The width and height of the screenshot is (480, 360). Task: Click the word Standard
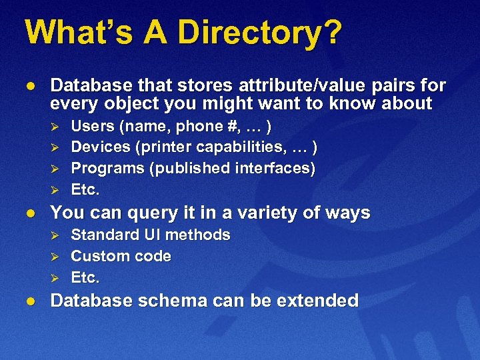click(x=103, y=235)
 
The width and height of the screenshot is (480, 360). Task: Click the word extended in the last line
click(x=319, y=301)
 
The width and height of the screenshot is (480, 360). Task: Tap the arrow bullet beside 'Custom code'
click(x=57, y=257)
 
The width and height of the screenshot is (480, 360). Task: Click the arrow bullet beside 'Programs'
click(x=57, y=169)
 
